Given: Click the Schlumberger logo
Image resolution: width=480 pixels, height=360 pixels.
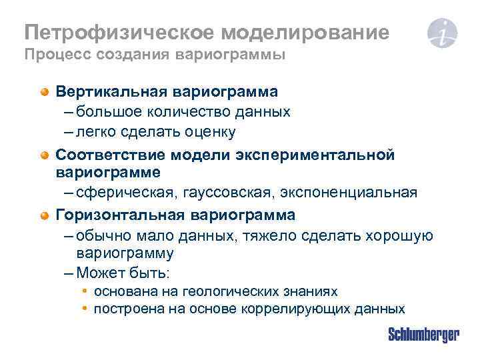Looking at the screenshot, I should coord(423,335).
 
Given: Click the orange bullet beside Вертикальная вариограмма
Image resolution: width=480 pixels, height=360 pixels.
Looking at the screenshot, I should coord(44,91).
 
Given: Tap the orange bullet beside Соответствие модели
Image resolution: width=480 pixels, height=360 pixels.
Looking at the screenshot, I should coord(44,155).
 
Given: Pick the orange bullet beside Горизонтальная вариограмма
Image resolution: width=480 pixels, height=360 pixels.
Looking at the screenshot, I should coord(44,215).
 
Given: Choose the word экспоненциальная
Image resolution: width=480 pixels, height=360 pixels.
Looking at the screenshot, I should coord(337,193).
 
